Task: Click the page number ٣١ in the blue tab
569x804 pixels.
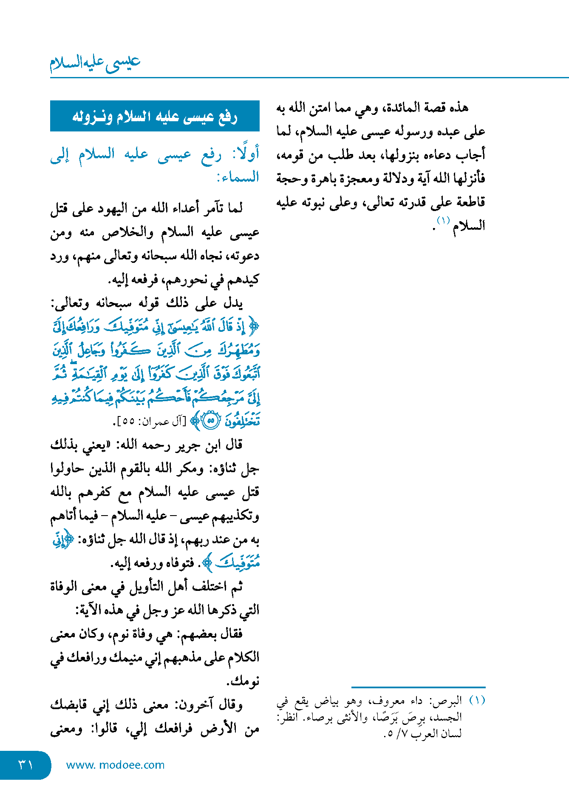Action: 25,765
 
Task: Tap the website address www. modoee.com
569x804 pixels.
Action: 115,765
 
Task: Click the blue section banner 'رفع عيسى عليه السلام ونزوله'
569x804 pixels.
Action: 155,116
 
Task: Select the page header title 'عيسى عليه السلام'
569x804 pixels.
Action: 95,63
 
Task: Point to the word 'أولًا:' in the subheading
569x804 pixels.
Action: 246,154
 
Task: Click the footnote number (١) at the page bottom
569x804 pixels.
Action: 477,701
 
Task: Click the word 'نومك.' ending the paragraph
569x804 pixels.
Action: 243,681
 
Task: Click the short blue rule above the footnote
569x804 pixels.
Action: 418,687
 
